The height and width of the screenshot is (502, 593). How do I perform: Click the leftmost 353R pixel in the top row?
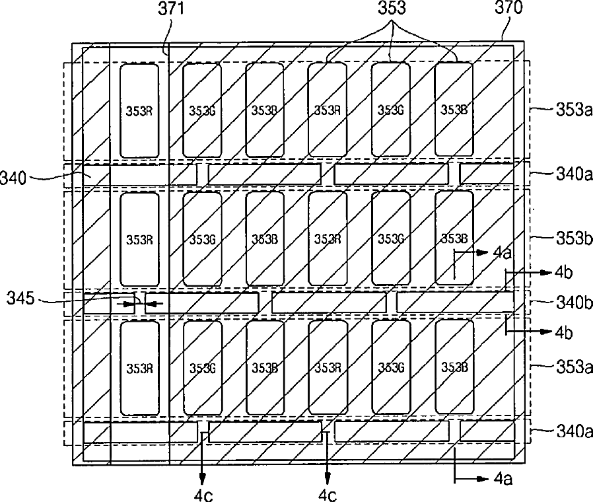tap(139, 110)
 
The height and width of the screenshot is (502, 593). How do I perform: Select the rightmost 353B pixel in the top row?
tap(454, 110)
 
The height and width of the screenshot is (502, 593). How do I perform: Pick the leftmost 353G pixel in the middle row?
tap(201, 238)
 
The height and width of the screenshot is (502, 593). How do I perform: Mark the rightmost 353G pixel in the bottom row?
tap(390, 367)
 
